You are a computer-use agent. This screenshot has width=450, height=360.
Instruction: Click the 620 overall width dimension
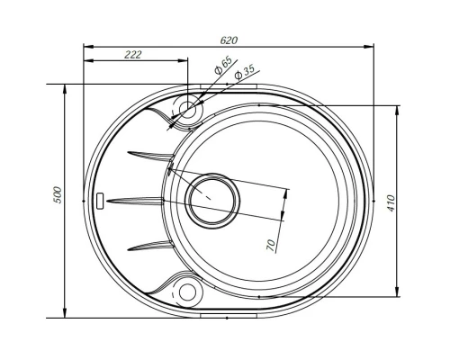click(x=229, y=40)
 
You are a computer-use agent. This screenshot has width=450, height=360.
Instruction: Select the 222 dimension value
click(x=132, y=56)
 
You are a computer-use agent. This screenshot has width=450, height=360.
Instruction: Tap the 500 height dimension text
click(x=57, y=197)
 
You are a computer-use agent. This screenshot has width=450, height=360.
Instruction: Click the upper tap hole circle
click(x=188, y=109)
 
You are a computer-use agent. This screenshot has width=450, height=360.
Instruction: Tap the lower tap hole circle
click(x=188, y=292)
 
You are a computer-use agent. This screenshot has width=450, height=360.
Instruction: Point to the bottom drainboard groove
click(x=149, y=245)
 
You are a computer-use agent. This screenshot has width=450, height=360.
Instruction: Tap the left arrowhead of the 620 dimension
click(x=85, y=45)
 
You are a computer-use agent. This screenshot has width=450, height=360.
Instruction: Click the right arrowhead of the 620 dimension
click(x=372, y=45)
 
